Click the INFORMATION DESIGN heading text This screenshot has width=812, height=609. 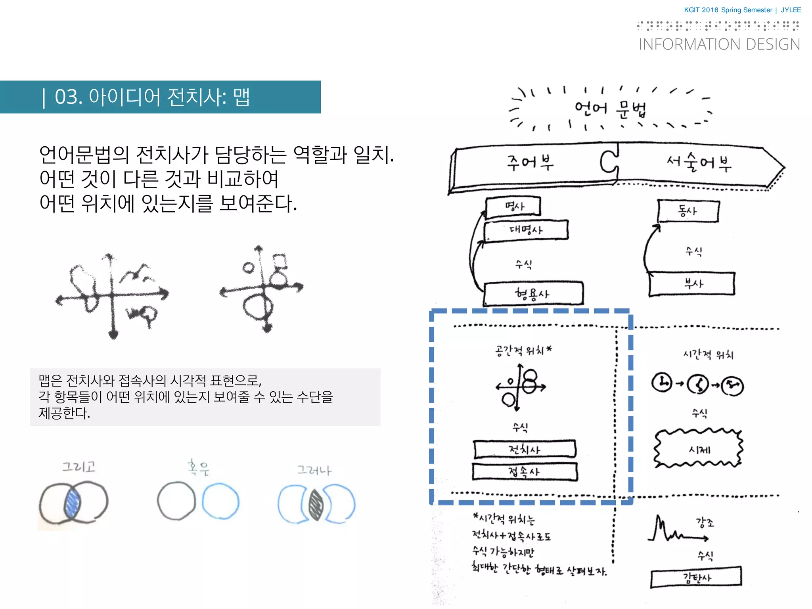[719, 44]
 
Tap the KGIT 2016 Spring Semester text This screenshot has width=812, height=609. [728, 10]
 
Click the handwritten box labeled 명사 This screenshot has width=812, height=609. [513, 207]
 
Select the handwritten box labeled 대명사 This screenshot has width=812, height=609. [526, 230]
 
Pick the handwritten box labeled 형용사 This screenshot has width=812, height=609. [532, 294]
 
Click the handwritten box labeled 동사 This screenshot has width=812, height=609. [688, 211]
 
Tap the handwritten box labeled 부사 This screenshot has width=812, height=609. [692, 283]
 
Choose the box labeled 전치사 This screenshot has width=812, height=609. [525, 449]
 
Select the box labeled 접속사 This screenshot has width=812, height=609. [525, 472]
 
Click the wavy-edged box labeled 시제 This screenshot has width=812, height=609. [699, 449]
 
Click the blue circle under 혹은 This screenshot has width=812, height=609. [220, 501]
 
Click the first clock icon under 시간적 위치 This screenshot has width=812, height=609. [662, 383]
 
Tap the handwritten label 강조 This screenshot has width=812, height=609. [705, 523]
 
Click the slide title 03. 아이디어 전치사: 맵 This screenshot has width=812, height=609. [152, 97]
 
